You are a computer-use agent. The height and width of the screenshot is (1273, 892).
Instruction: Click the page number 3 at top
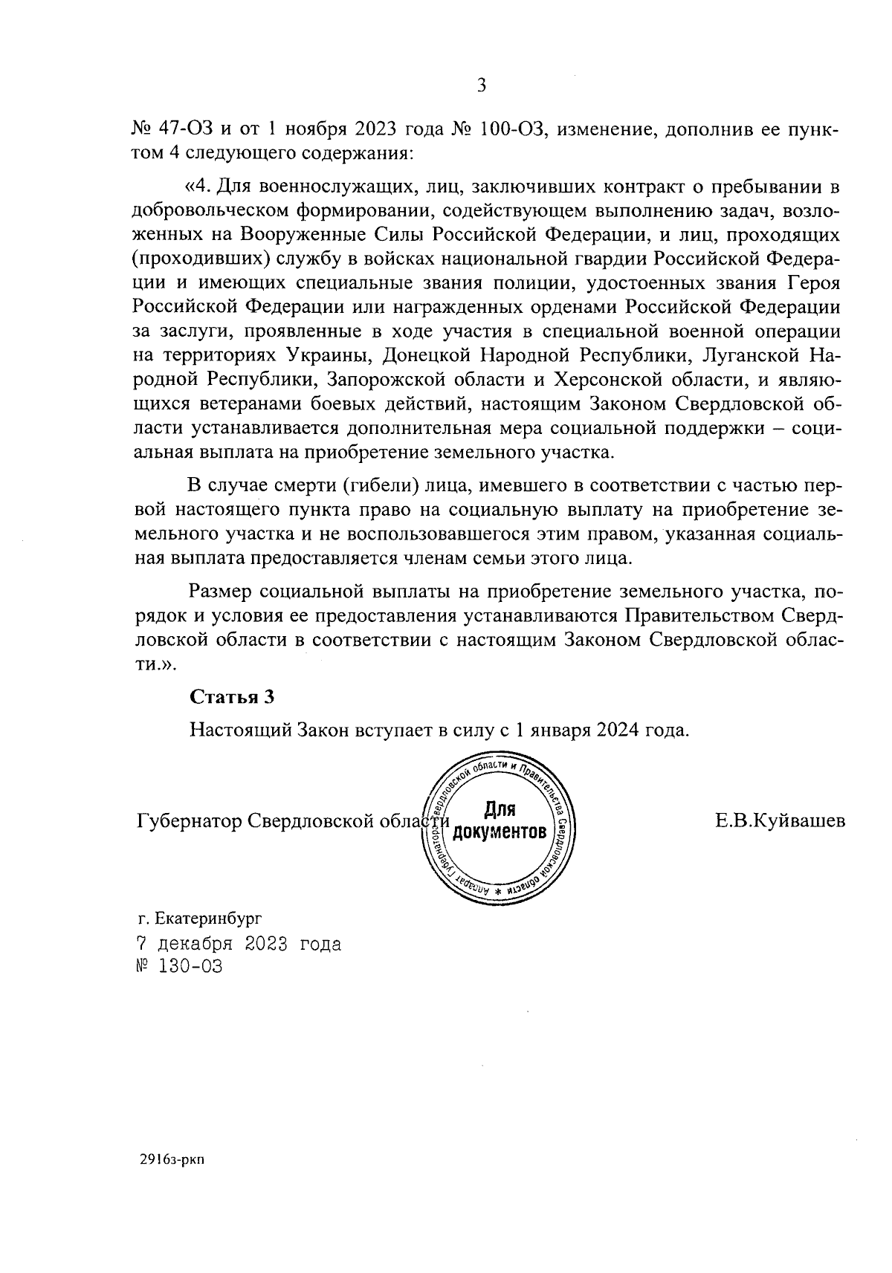481,86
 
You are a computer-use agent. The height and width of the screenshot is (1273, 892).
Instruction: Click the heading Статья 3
232,696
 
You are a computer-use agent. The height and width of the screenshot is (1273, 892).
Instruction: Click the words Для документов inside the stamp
499,820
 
